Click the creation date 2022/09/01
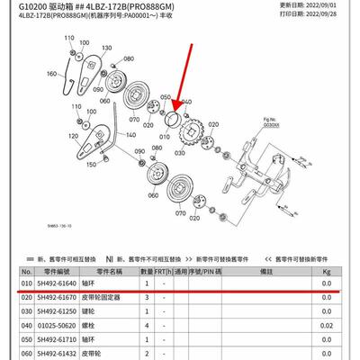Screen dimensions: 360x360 [x=332, y=7]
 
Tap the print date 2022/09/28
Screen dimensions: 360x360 [x=332, y=16]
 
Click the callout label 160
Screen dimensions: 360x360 [x=50, y=74]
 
